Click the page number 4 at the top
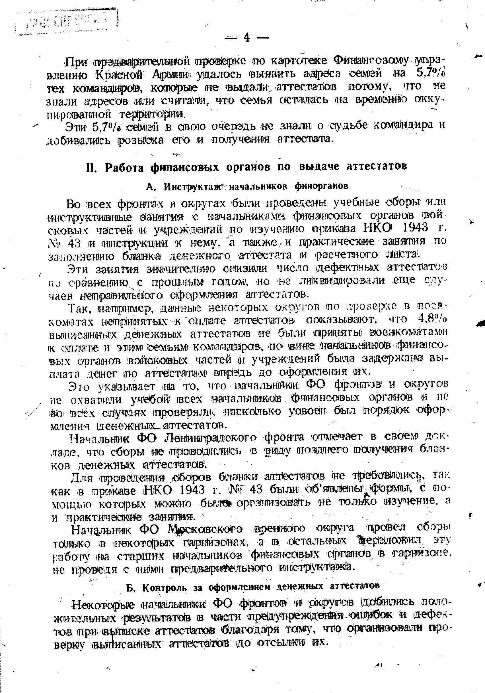(246, 37)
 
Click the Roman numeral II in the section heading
(91, 167)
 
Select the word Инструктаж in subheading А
(195, 186)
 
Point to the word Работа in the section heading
(124, 168)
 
